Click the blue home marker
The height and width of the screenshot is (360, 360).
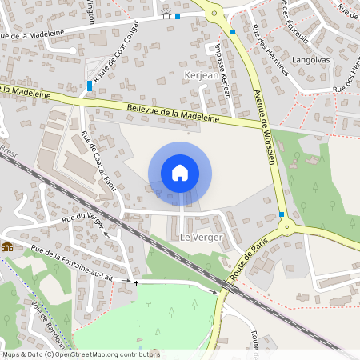click(180, 172)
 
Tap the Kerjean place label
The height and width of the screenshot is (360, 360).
click(200, 74)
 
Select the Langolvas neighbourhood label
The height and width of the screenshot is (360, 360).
click(312, 60)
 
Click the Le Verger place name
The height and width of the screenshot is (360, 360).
click(196, 238)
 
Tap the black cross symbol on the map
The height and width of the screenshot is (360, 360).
click(136, 283)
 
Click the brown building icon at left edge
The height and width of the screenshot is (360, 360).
click(6, 246)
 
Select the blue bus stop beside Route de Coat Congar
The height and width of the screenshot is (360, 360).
click(89, 83)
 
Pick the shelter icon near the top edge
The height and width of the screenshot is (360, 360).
click(166, 14)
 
